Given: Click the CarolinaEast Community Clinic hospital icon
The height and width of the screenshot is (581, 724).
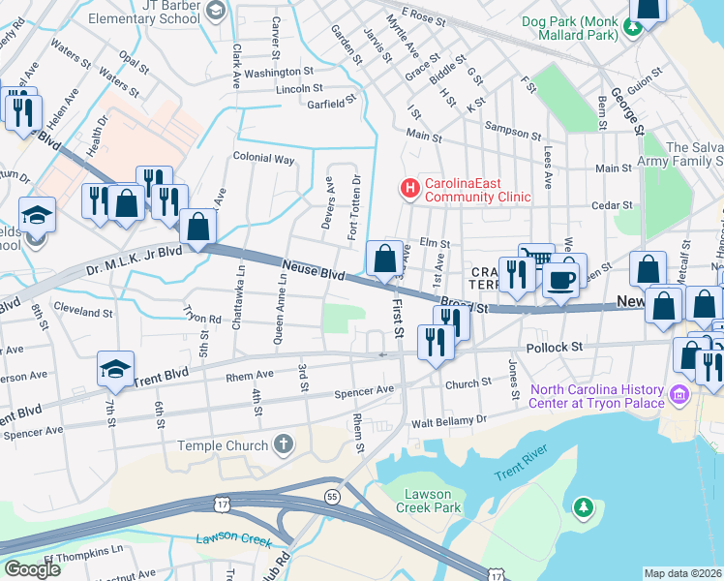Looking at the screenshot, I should (x=409, y=187).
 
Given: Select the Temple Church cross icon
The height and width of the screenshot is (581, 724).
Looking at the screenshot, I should (x=283, y=444).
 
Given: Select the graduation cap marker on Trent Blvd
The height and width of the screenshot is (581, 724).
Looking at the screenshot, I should (x=114, y=370).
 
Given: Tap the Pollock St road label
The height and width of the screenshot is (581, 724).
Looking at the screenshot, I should (x=553, y=346).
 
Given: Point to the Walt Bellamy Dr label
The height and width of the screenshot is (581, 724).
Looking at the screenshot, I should (x=449, y=421).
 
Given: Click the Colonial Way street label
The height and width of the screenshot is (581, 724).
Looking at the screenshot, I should (x=263, y=158).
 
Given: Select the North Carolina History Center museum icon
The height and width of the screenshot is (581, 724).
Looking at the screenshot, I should (x=679, y=395).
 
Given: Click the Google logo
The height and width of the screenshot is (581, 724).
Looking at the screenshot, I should (x=32, y=568).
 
